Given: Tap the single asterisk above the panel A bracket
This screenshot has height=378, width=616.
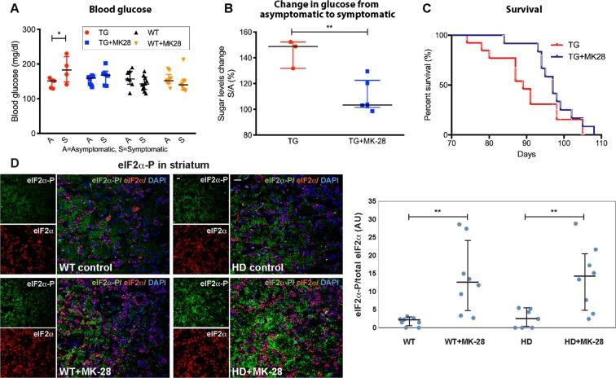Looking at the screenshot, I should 56,33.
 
